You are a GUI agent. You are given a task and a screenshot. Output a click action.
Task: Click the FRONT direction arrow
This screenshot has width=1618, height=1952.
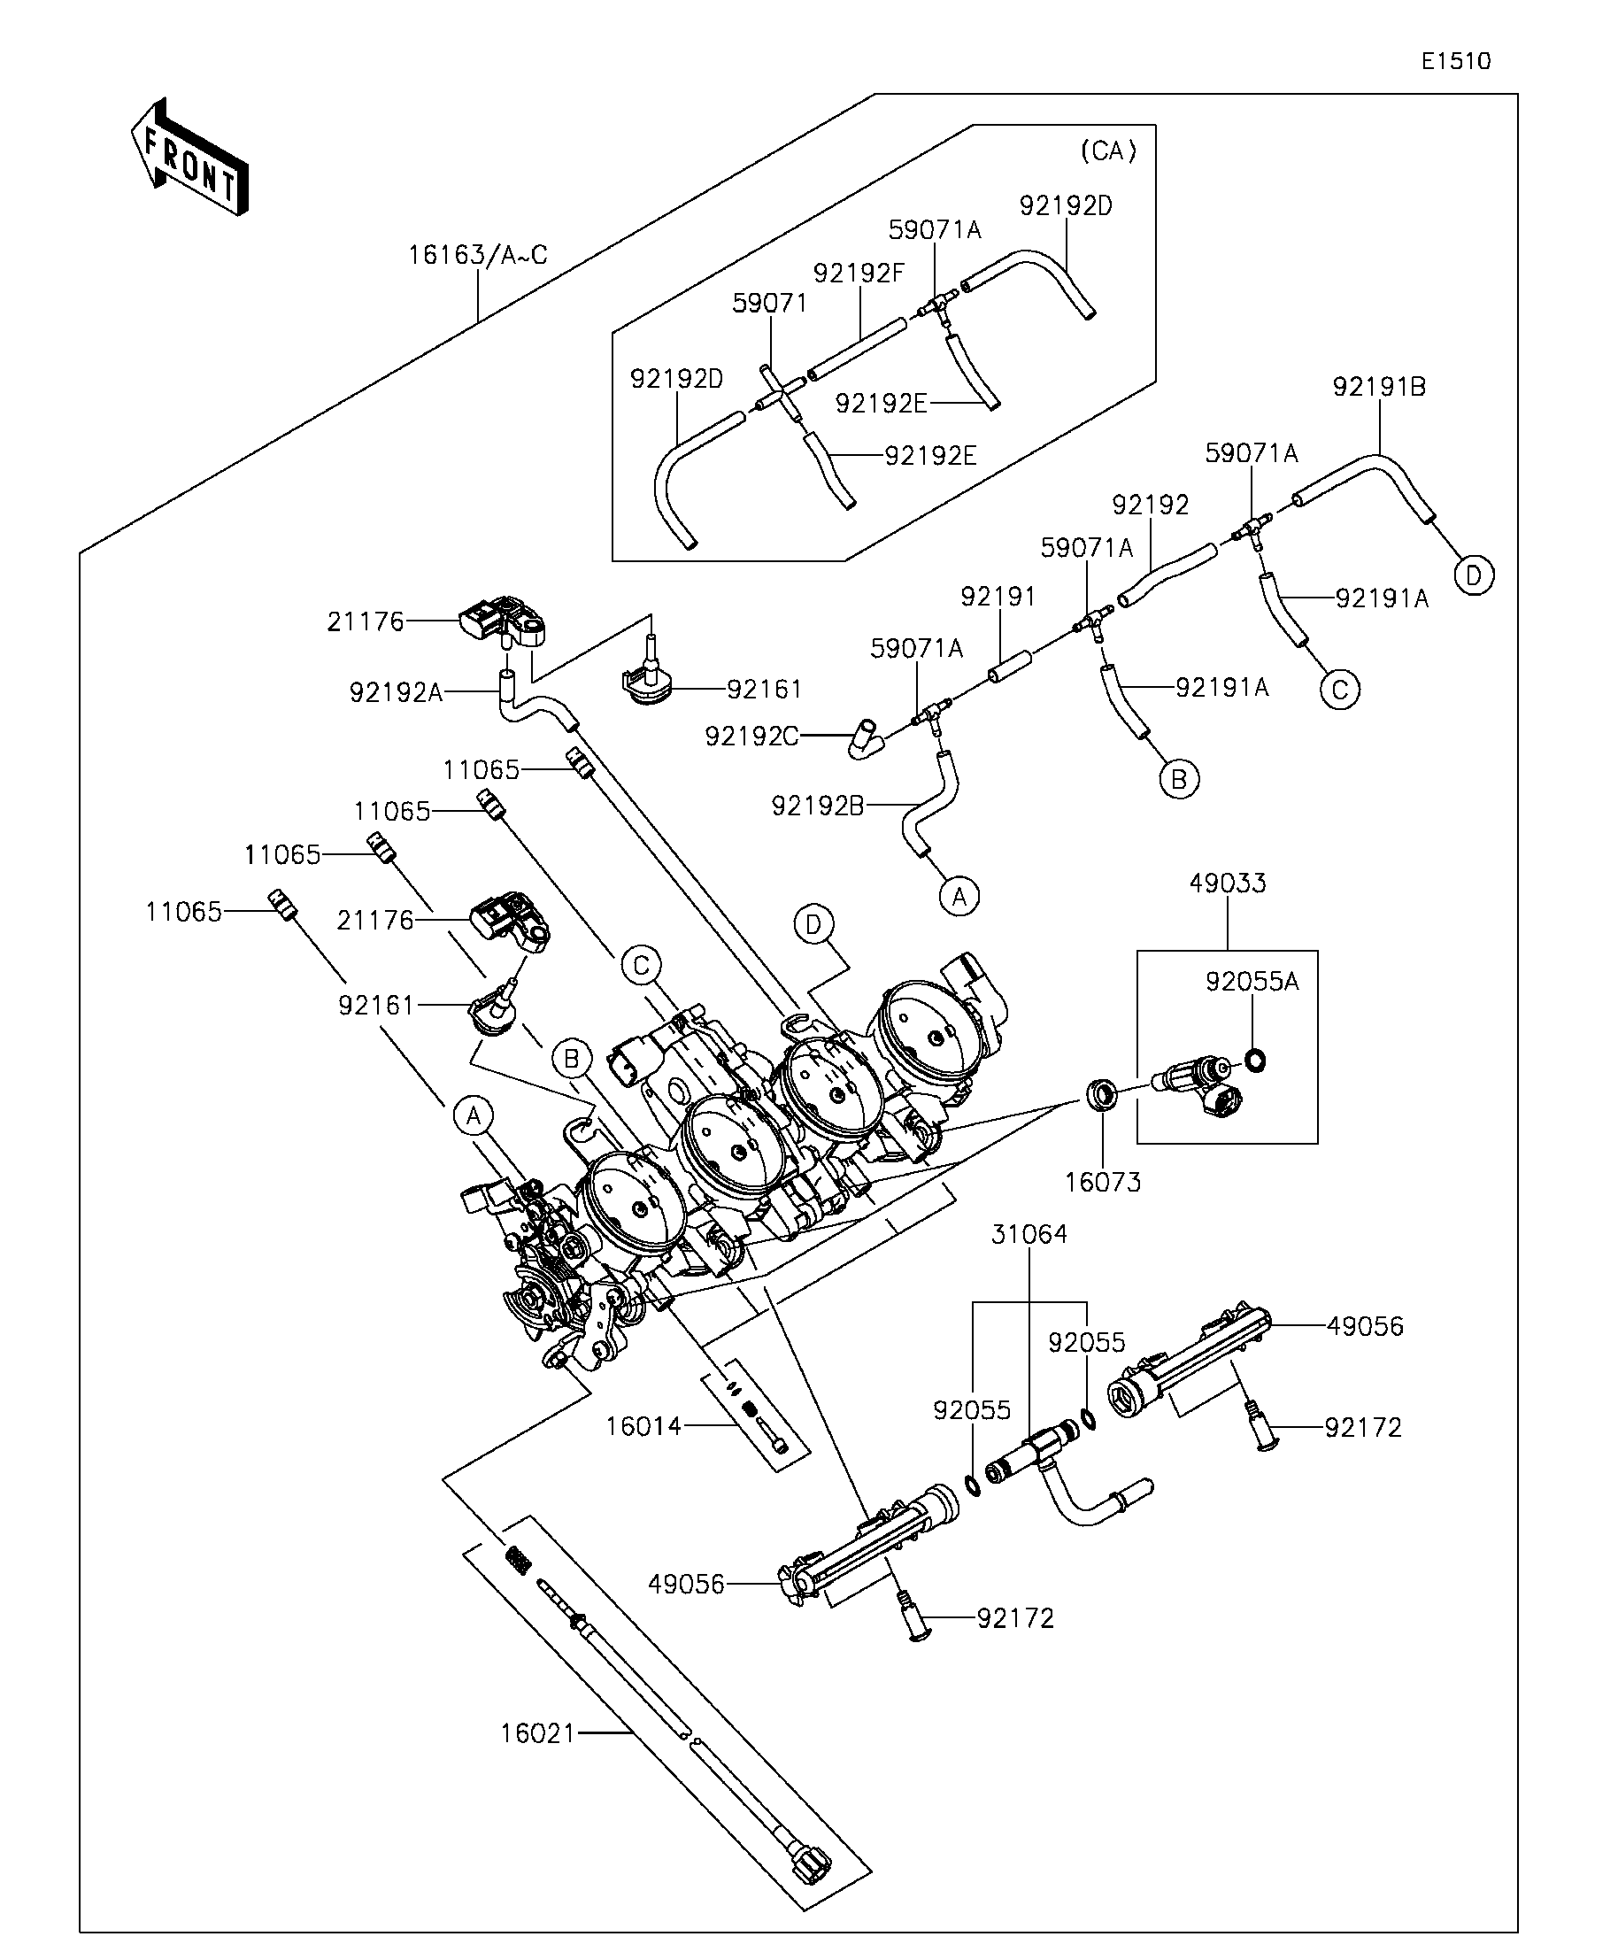click(x=189, y=157)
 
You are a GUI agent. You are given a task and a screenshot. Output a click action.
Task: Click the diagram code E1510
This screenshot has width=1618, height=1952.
click(x=1455, y=61)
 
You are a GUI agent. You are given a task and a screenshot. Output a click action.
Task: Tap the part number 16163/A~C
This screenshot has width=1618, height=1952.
click(x=478, y=255)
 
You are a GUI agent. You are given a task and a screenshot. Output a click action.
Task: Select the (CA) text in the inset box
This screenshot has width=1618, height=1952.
click(x=1109, y=150)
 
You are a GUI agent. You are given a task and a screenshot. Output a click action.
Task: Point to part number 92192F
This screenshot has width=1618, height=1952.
click(x=859, y=273)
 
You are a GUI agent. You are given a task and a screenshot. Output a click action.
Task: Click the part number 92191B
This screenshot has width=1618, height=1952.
click(x=1379, y=387)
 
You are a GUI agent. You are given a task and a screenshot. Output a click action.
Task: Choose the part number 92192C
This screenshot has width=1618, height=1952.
click(x=751, y=737)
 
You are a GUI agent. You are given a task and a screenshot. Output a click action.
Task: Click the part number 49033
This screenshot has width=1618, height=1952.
click(x=1228, y=883)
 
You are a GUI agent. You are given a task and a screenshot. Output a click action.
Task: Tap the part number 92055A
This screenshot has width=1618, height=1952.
click(x=1252, y=982)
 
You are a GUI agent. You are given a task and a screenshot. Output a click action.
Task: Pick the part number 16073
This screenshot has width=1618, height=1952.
click(x=1102, y=1183)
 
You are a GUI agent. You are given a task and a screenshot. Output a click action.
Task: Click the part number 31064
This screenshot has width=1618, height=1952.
click(x=1029, y=1234)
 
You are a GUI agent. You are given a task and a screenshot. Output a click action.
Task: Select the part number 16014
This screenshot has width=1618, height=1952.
click(x=644, y=1426)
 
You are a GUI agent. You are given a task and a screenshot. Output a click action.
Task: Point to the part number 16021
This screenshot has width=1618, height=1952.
click(x=538, y=1733)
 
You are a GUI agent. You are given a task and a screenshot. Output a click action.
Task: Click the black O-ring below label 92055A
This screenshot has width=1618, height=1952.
click(x=1254, y=1060)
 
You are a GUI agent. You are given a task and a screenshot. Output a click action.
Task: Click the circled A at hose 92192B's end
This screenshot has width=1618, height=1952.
click(x=959, y=896)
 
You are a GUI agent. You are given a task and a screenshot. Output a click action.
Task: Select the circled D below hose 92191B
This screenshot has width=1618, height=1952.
click(x=1474, y=575)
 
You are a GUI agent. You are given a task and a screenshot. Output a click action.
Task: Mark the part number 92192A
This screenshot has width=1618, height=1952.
click(x=396, y=692)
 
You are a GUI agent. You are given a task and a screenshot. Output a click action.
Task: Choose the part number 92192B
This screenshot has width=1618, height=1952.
click(x=818, y=806)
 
